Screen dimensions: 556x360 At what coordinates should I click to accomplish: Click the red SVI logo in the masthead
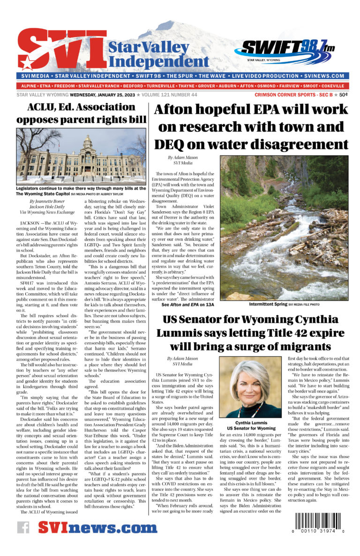[61, 51]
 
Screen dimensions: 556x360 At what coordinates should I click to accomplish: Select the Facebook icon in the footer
[23, 528]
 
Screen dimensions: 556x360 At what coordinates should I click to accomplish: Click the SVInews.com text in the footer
[97, 528]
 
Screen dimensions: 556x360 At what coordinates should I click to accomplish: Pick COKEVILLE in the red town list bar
[331, 86]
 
